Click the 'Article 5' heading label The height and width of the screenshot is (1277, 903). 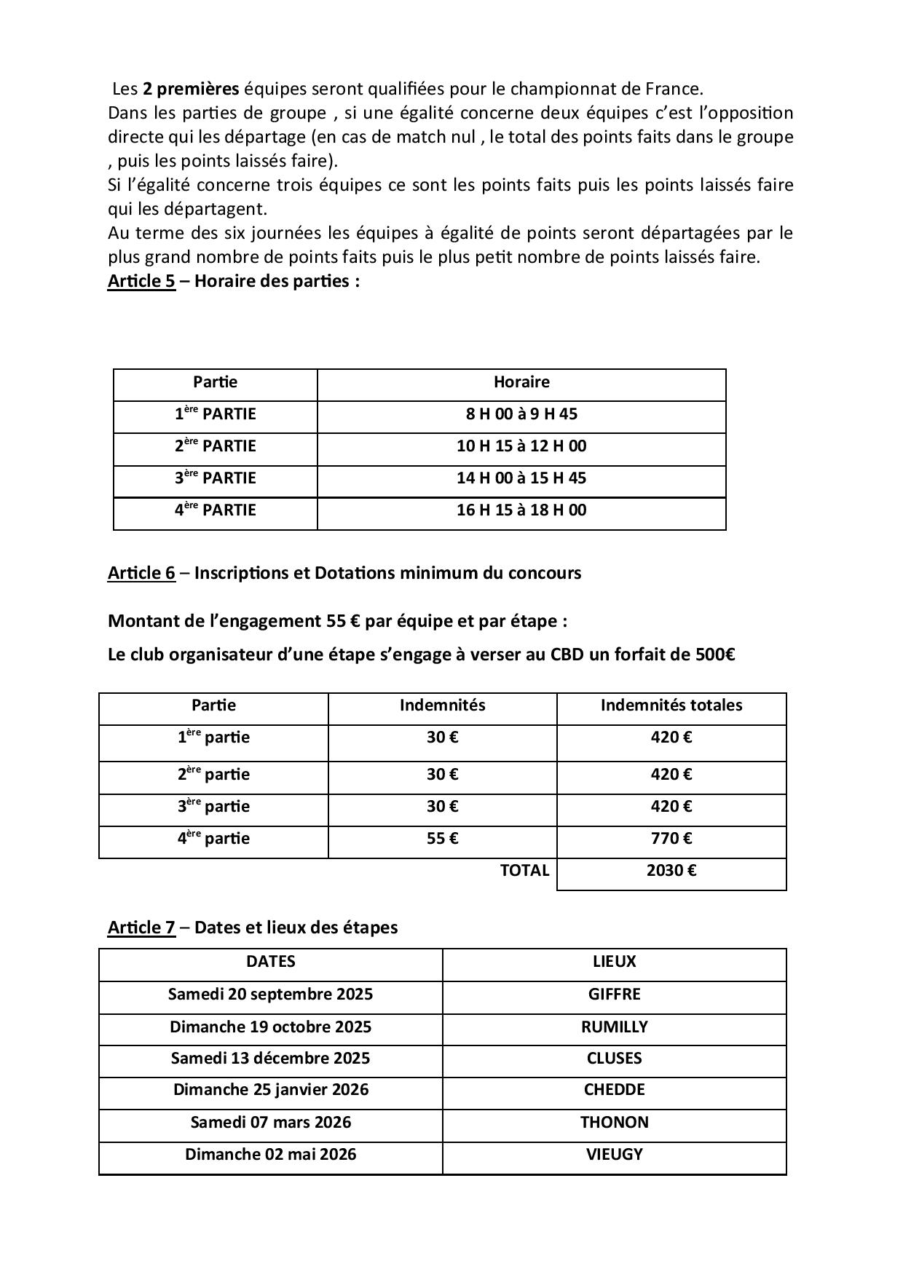pos(141,281)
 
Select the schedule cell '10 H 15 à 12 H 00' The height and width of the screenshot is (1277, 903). pos(521,446)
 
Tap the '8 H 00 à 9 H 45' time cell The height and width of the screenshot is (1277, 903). pos(521,414)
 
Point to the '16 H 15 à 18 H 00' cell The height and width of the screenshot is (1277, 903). pos(521,510)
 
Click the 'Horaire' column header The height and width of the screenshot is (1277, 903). pos(521,382)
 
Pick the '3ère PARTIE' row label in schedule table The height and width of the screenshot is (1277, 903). pos(215,478)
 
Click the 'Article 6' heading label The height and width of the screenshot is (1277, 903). pos(141,573)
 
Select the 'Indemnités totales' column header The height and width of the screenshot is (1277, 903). pos(671,705)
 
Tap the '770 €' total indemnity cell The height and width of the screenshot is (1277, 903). pos(671,839)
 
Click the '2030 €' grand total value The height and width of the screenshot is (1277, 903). pos(671,871)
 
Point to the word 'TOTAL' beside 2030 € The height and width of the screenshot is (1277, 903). pos(524,871)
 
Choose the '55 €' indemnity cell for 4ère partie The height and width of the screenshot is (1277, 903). pos(442,839)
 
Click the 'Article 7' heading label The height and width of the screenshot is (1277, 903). pos(141,928)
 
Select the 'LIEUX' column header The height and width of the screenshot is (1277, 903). pos(614,962)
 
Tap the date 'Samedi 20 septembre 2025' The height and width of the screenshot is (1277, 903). pos(270,995)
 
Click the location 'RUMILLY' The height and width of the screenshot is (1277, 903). pos(614,1027)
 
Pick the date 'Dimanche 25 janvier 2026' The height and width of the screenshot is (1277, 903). pos(270,1090)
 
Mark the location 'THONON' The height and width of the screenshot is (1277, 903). pos(614,1123)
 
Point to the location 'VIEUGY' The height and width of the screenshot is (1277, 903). pos(614,1155)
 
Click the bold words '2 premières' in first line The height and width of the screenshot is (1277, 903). pos(191,89)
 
